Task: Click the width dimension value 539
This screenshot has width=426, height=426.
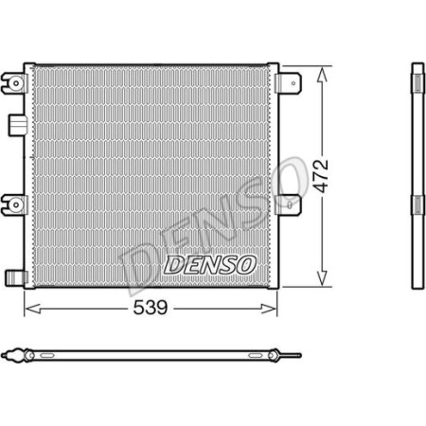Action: click(151, 309)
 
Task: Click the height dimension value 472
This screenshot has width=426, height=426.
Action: click(324, 175)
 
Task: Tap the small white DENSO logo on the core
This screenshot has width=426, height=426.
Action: click(208, 264)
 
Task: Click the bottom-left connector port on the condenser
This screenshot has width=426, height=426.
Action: click(14, 276)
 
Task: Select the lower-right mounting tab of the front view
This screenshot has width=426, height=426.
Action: click(287, 200)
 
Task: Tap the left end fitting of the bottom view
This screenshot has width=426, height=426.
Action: click(13, 358)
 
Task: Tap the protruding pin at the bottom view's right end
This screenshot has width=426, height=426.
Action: click(294, 358)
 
